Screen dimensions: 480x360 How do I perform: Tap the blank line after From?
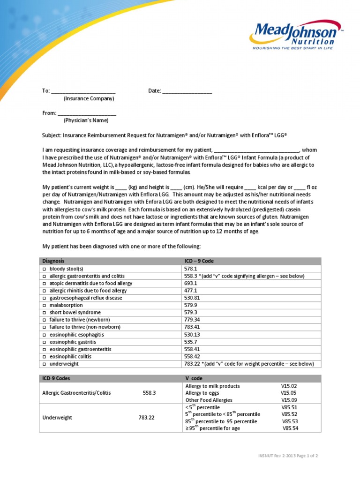click(87, 114)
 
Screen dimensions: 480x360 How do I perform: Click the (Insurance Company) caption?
click(89, 98)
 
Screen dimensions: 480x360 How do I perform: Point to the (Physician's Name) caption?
click(86, 120)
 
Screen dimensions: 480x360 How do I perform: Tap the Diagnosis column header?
click(53, 261)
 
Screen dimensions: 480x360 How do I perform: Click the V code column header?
click(194, 378)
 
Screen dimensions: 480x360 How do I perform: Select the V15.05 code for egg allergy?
click(288, 393)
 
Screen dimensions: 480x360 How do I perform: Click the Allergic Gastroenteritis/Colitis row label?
click(76, 393)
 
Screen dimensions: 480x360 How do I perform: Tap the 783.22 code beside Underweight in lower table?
click(147, 418)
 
